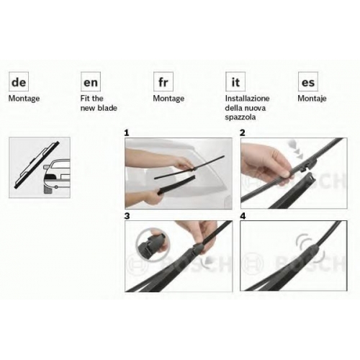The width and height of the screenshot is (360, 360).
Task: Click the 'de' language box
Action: click(19, 81)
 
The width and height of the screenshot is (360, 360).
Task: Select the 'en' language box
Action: click(91, 81)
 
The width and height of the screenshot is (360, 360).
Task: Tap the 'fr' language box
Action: click(163, 81)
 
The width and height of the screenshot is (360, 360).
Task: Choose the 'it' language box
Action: click(235, 81)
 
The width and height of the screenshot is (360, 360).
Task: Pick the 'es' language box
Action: click(308, 81)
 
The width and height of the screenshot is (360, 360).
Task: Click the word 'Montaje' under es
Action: click(312, 99)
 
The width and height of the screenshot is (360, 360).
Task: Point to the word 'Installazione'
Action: click(247, 99)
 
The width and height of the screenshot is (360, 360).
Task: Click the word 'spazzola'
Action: click(240, 117)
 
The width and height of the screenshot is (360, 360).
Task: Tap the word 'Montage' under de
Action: click(24, 99)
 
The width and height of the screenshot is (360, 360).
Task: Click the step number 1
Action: click(127, 133)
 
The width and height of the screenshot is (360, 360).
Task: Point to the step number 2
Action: click(243, 133)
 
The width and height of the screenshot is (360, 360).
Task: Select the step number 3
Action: click(127, 216)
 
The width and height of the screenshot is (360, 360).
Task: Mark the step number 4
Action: click(243, 216)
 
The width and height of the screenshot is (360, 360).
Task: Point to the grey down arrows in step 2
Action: click(297, 150)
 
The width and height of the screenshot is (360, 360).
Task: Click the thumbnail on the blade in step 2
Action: click(285, 174)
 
